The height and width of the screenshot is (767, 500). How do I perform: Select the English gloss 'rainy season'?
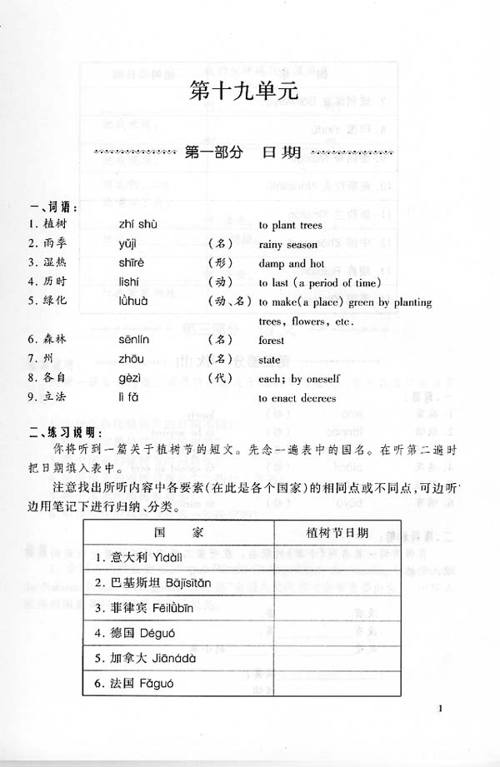pyautogui.click(x=287, y=245)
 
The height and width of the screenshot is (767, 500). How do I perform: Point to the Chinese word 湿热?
pyautogui.click(x=52, y=263)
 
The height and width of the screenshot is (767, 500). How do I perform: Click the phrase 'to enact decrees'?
pyautogui.click(x=297, y=397)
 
